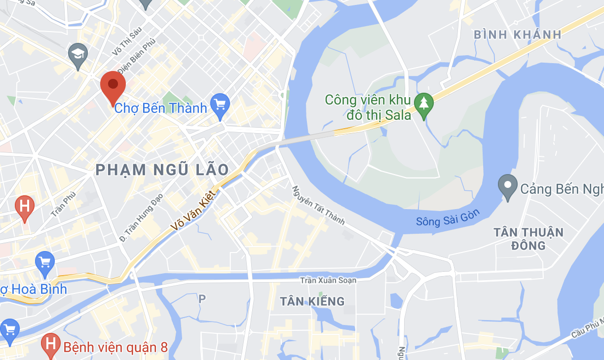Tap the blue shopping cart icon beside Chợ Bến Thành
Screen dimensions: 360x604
pyautogui.click(x=220, y=105)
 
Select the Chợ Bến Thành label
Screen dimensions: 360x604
pyautogui.click(x=160, y=108)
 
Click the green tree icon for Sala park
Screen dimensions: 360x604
pyautogui.click(x=423, y=104)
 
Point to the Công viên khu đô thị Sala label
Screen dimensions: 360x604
pyautogui.click(x=368, y=108)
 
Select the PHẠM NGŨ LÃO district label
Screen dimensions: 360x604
pyautogui.click(x=162, y=170)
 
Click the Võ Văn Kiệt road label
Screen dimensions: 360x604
pyautogui.click(x=193, y=210)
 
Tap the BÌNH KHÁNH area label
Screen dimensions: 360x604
pyautogui.click(x=518, y=35)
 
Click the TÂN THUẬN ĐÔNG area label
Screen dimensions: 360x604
pyautogui.click(x=528, y=239)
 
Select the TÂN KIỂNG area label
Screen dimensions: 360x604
pyautogui.click(x=312, y=301)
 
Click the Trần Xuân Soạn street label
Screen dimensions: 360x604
pyautogui.click(x=328, y=280)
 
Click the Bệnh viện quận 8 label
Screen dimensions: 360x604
pyautogui.click(x=115, y=347)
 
